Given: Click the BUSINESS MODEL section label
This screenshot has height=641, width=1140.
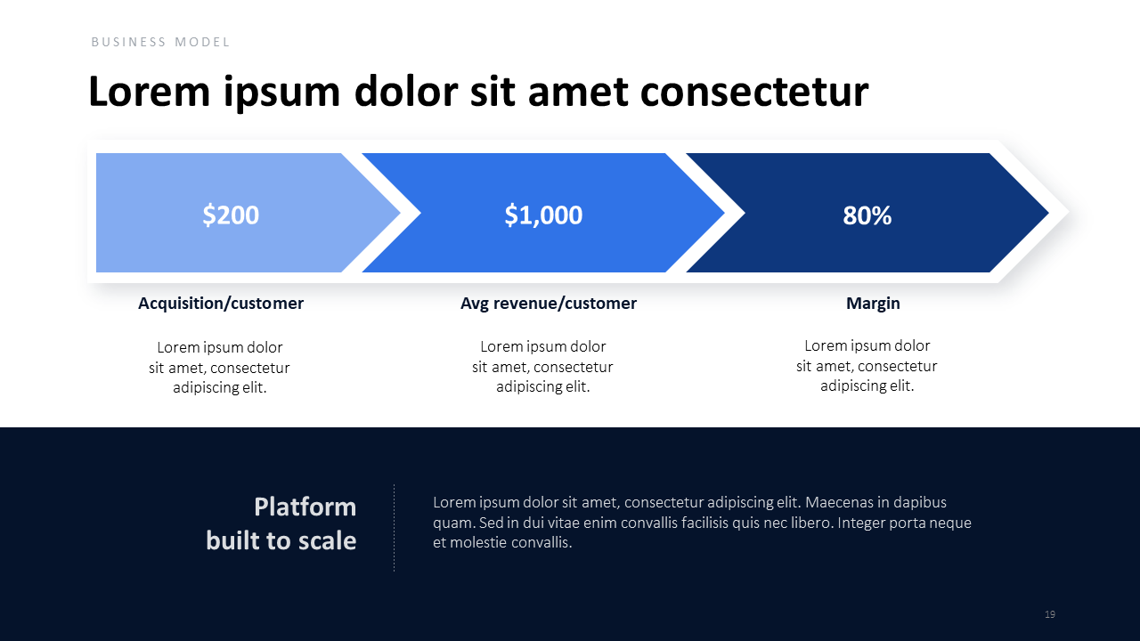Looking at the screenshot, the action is [160, 42].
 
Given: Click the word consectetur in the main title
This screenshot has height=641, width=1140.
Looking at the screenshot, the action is [754, 92].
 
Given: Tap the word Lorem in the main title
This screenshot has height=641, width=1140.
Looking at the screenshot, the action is [149, 91].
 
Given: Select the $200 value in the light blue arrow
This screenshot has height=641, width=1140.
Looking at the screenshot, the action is [231, 215].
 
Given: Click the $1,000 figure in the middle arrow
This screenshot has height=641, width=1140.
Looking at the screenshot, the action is [543, 215].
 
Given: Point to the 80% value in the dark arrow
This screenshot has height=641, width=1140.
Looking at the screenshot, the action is [867, 215].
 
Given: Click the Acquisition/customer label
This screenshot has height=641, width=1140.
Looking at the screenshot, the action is [221, 304].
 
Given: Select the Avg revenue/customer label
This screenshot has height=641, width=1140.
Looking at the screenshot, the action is [548, 304].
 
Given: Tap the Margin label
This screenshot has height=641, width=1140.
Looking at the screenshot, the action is [873, 304].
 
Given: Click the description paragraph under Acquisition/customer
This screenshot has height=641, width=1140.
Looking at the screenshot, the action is [219, 368].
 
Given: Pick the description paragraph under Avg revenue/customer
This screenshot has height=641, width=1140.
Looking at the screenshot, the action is [542, 366].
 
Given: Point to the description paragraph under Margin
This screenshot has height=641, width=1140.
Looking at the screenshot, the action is [867, 365].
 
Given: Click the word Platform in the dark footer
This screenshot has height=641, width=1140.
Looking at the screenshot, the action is [305, 507].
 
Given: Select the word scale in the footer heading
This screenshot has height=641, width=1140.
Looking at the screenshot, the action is [327, 540].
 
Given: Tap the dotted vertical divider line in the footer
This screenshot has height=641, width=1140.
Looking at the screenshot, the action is [394, 528].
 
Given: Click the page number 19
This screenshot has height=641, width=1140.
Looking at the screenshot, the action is [1049, 614].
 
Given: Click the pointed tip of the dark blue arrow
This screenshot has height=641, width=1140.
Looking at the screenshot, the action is [1048, 213].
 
